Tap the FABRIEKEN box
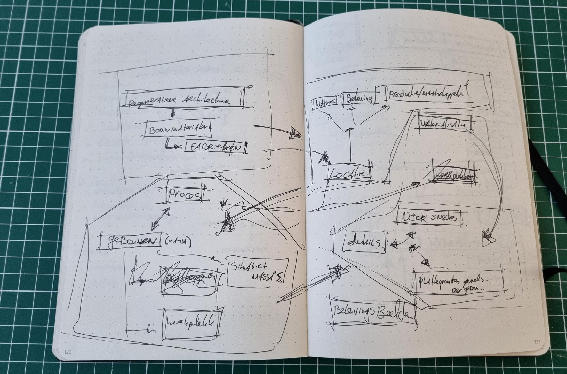point(215,148)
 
